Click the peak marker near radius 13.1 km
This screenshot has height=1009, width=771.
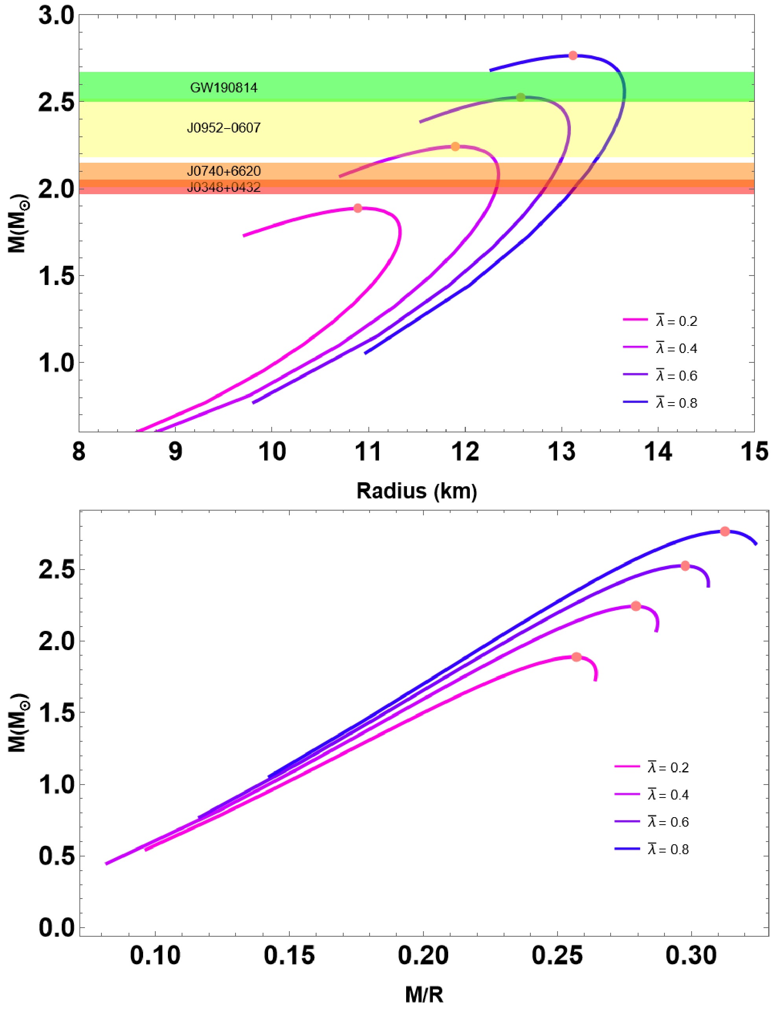[573, 55]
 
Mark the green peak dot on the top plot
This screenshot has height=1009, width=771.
[521, 97]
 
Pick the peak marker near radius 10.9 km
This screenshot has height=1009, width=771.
[358, 208]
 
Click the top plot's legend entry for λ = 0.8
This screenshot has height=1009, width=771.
[661, 403]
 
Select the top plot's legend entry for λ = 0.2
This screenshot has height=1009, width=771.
[661, 321]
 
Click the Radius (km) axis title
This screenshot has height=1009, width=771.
[417, 491]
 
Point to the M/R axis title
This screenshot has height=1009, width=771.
[424, 995]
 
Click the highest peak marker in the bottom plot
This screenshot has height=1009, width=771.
[725, 531]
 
